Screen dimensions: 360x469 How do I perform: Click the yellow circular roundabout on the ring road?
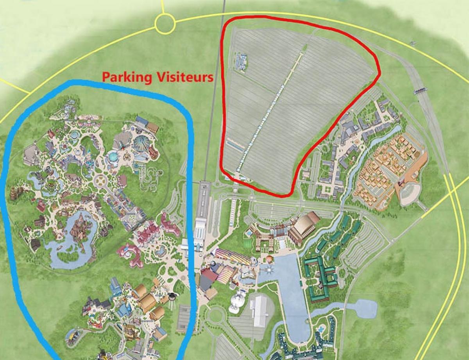[x=165, y=24]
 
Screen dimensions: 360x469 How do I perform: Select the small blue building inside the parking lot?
[x=241, y=62]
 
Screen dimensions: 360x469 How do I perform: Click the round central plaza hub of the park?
[x=101, y=181]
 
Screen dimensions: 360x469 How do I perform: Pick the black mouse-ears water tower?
[x=172, y=296]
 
